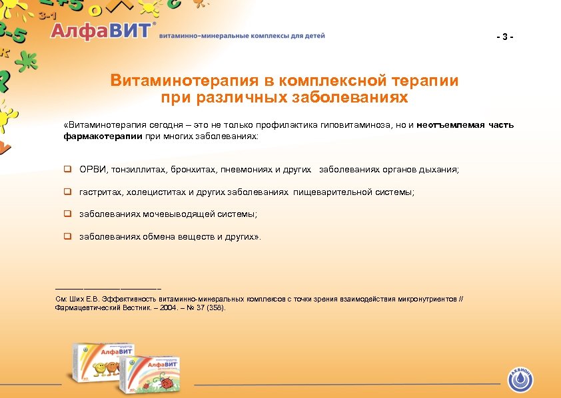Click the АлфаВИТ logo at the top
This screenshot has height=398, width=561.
103,31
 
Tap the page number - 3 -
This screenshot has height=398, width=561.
505,36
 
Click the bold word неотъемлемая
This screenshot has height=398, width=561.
450,125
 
